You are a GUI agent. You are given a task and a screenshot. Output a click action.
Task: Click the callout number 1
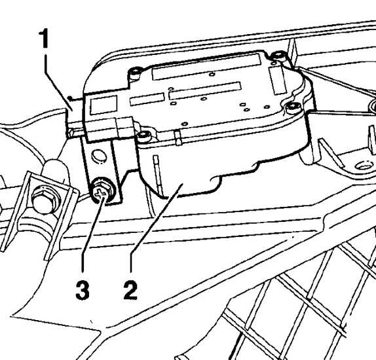[x=44, y=39]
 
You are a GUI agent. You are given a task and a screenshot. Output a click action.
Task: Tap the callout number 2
[x=130, y=290]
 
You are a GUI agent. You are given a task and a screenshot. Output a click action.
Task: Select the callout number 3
[x=83, y=291]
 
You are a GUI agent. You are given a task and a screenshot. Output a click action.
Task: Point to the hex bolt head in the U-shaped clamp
[x=45, y=200]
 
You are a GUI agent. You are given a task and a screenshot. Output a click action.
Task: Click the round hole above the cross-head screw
[x=99, y=156]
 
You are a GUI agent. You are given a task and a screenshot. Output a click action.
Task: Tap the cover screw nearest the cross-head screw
[x=144, y=136]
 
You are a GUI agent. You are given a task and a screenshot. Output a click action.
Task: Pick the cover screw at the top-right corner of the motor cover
[x=278, y=56]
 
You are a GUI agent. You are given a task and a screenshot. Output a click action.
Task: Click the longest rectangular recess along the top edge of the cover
[x=206, y=66]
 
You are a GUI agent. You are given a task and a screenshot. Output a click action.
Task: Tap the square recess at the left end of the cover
[x=103, y=105]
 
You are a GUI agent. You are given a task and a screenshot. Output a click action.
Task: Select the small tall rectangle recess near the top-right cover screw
[x=278, y=81]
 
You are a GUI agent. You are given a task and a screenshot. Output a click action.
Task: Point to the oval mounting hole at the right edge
[x=364, y=166]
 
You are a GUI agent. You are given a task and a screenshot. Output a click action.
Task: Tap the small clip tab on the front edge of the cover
[x=178, y=138]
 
